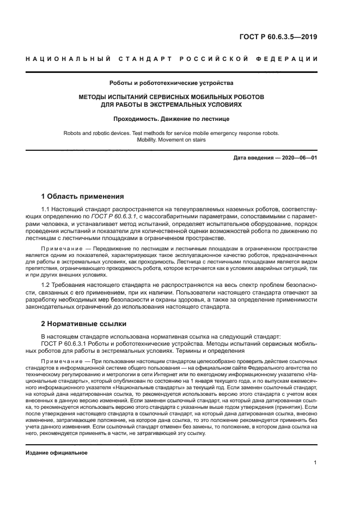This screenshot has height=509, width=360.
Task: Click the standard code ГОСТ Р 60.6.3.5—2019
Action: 278,38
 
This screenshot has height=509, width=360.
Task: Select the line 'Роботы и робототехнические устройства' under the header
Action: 172,83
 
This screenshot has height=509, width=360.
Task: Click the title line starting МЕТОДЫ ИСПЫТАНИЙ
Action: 172,97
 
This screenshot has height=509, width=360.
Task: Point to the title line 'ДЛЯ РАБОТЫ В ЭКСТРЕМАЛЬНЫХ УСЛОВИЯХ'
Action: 172,105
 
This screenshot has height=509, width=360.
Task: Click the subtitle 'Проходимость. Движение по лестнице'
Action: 172,118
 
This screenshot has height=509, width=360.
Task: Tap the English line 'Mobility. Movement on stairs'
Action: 172,139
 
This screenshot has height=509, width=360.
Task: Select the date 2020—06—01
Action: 300,158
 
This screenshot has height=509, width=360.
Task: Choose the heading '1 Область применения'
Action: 83,197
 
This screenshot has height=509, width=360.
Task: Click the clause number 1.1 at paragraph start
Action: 47,209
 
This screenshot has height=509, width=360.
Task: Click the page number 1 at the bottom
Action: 315,463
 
